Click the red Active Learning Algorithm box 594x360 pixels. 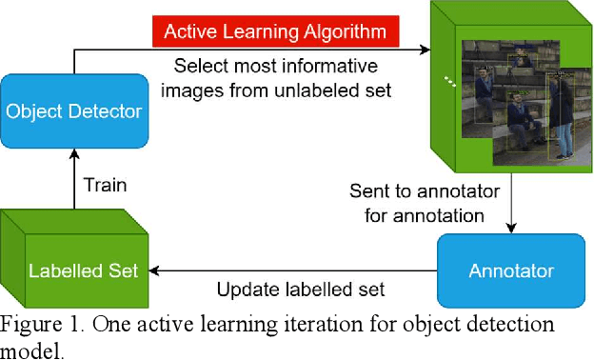(x=275, y=31)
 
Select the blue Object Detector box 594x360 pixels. (x=74, y=111)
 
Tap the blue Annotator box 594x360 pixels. (x=509, y=270)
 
